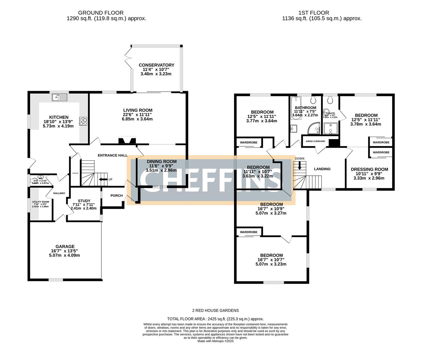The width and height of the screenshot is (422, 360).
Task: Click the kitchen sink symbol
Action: [60, 97]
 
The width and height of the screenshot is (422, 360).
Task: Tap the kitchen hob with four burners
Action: [83, 121]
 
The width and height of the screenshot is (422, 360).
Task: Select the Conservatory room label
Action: [156, 65]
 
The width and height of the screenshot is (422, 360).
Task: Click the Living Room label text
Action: [138, 110]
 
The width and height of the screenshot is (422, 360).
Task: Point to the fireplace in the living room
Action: [127, 141]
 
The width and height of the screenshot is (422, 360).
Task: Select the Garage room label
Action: [65, 247]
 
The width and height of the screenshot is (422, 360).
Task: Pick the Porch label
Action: [117, 196]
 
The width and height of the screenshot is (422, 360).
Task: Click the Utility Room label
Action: [40, 202]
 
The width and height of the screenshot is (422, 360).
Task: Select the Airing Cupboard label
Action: [315, 141]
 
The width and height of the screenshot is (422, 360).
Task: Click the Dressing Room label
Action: [369, 169]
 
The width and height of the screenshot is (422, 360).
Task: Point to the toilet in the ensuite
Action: [330, 100]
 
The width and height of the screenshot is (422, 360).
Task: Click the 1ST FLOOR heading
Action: [322, 13]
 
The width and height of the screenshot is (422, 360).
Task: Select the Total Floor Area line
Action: [215, 319]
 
